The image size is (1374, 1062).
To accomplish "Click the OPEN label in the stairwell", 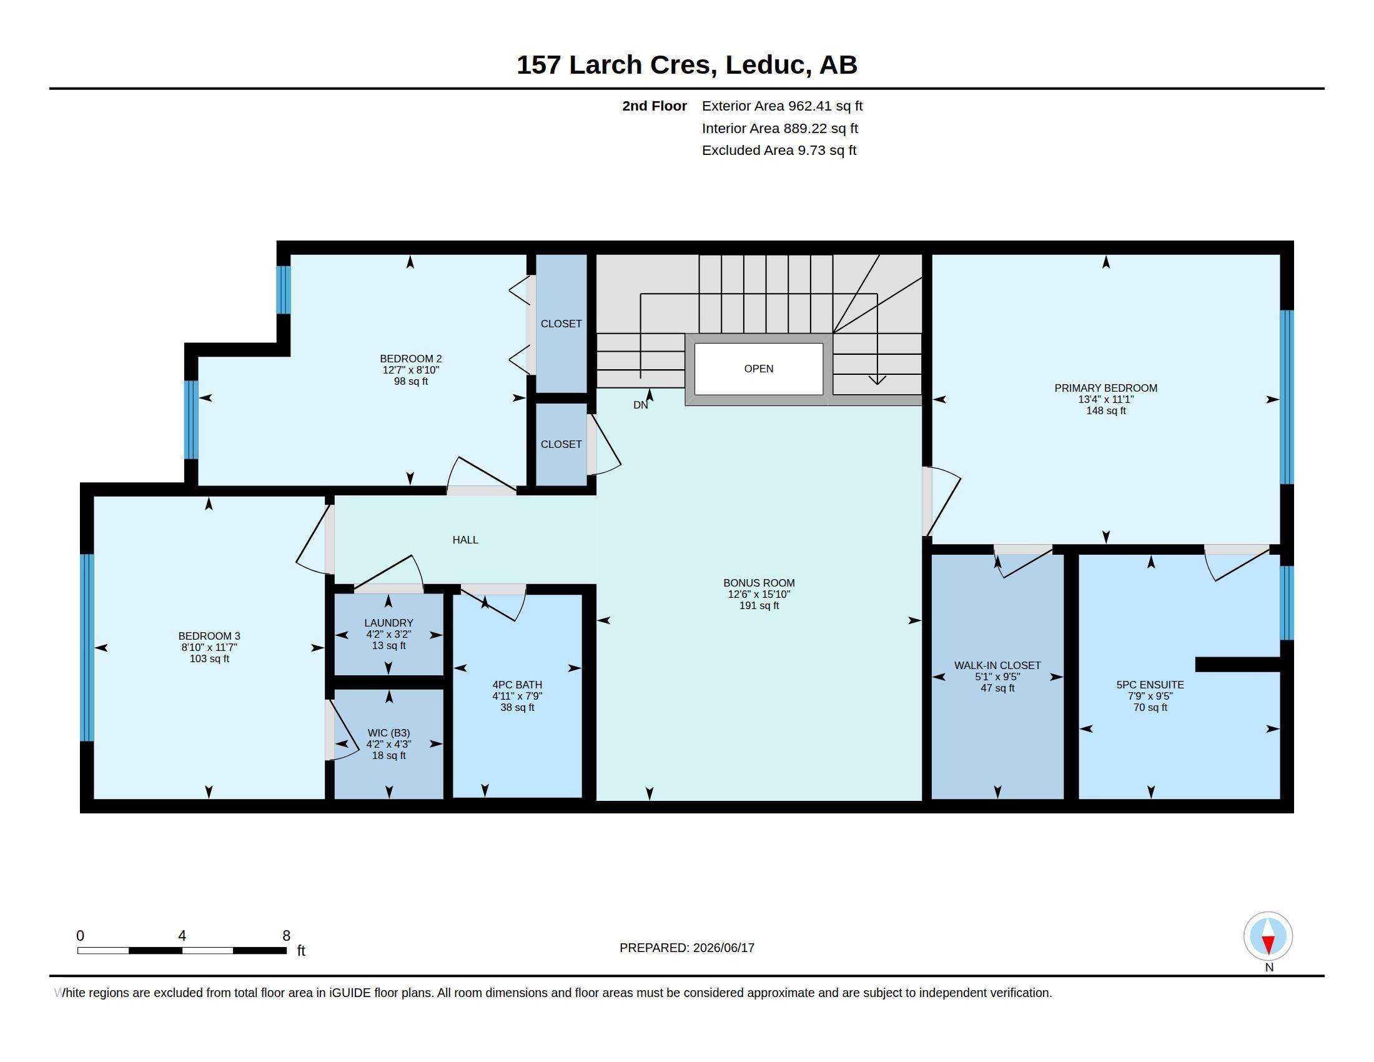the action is [x=758, y=369].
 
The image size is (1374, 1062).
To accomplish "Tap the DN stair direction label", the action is [x=640, y=405].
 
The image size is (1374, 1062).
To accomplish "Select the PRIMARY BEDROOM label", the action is [x=1105, y=388].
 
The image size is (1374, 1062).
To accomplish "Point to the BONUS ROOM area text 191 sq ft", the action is [x=759, y=606].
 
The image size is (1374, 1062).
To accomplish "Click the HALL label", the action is [x=465, y=540].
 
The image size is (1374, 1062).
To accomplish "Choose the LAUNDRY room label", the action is [x=388, y=623].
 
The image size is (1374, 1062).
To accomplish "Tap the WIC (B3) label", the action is [x=388, y=733].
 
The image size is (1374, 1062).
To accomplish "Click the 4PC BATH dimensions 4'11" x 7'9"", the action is [x=517, y=696].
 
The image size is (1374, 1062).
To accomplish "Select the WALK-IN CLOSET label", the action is [x=997, y=666].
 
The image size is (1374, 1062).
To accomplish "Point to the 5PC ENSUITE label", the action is [x=1150, y=685].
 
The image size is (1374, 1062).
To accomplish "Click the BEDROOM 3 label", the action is [x=209, y=636].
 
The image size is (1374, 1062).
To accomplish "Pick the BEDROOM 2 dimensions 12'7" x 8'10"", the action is [x=411, y=370].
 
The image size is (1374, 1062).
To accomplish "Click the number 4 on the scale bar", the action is [x=182, y=936].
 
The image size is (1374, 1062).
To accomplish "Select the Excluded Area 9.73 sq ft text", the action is [x=779, y=151].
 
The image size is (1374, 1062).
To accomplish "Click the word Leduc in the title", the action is [x=764, y=65].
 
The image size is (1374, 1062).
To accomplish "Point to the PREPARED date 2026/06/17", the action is [x=723, y=948].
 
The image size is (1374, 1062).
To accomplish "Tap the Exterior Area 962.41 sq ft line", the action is [x=782, y=106].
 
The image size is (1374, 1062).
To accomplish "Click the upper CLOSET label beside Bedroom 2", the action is [x=561, y=324].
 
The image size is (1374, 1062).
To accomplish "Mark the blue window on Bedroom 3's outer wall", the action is [x=87, y=647].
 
